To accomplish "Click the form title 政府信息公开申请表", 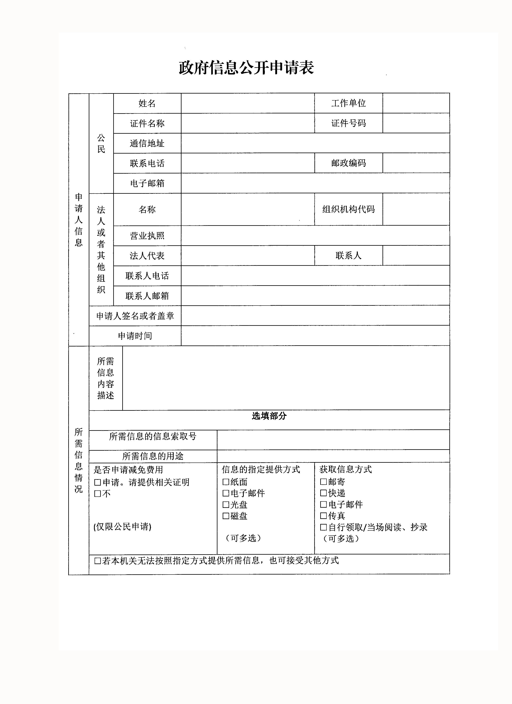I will point(246,68).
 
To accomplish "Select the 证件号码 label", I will point(348,123).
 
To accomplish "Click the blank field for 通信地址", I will point(315,143).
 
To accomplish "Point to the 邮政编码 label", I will point(348,163).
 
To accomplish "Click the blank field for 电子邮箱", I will point(315,183).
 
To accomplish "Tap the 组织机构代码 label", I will point(348,209).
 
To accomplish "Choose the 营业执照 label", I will point(147,236).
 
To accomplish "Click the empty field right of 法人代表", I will point(248,256).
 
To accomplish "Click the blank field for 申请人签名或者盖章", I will point(315,316).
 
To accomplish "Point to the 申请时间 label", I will point(135,336).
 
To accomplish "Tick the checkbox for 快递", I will point(323,493).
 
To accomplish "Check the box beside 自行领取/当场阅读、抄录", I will point(323,527).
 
